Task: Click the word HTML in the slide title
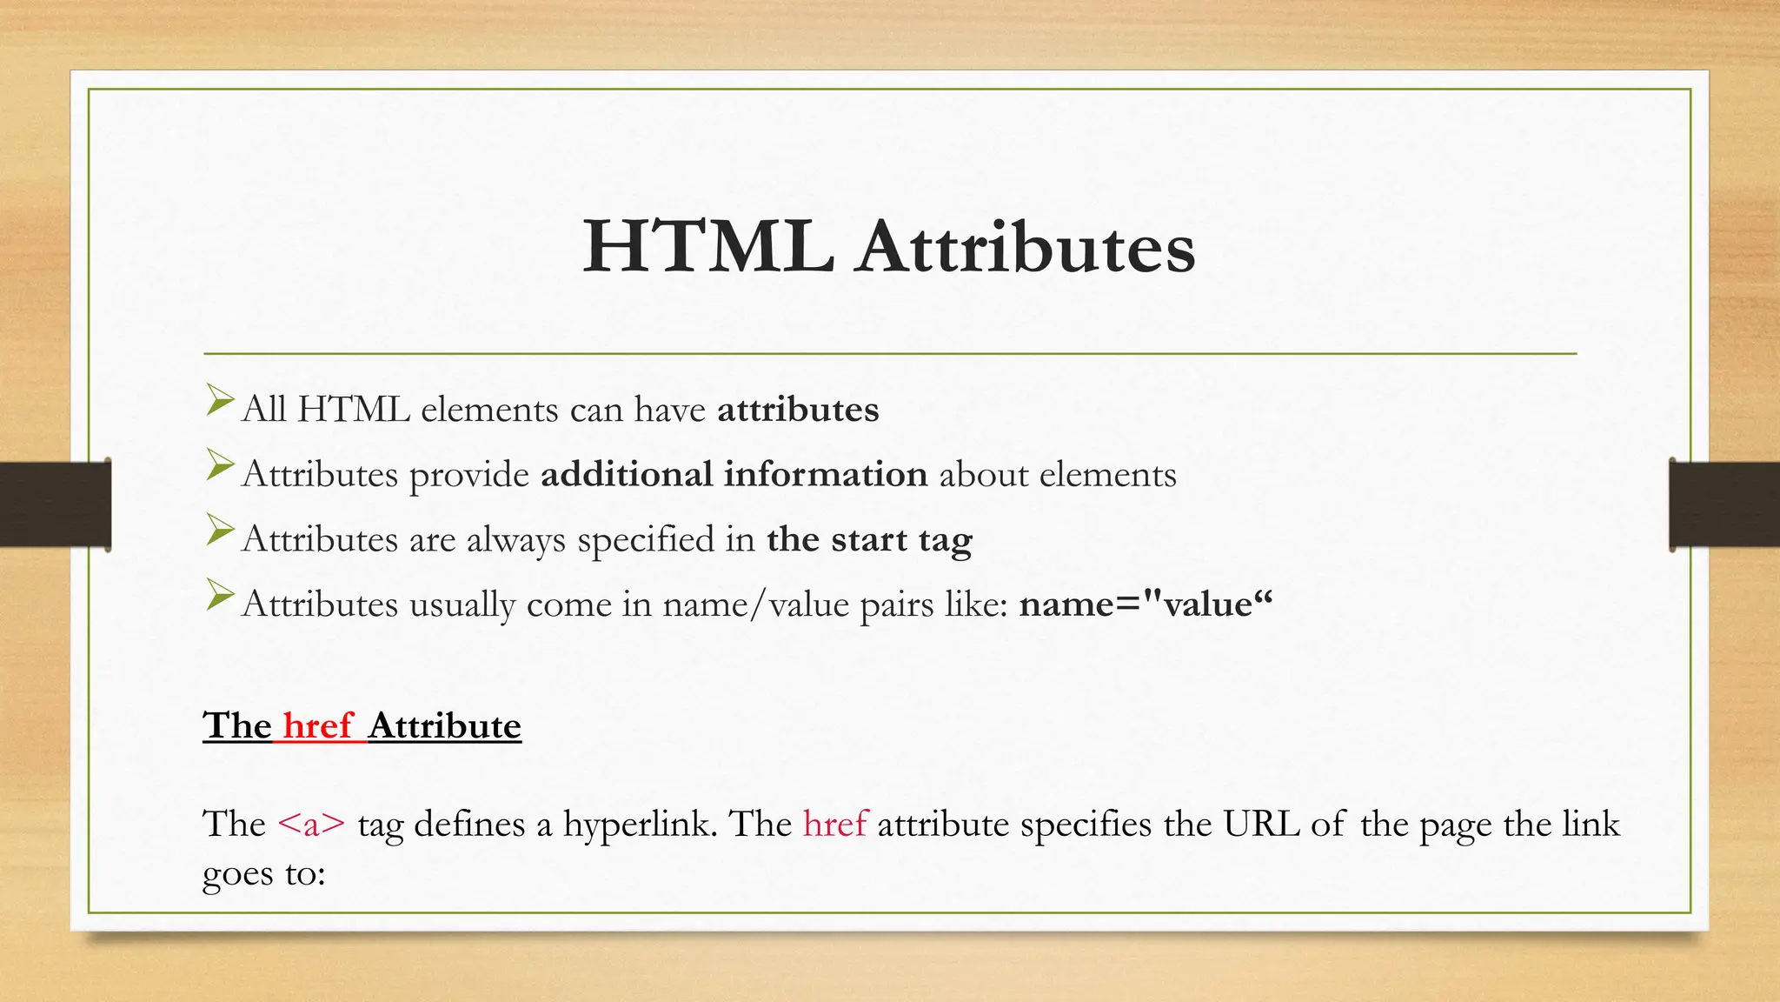coord(707,247)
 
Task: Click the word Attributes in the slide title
coord(1026,247)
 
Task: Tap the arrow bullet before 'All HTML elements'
coord(220,401)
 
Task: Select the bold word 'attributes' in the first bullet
coord(798,410)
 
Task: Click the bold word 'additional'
coord(627,475)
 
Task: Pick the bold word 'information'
coord(826,475)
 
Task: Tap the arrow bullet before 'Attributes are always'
coord(220,531)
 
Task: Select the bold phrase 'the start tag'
coord(869,540)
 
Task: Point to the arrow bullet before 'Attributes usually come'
coord(220,596)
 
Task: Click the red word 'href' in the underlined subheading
coord(317,725)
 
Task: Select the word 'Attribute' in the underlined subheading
coord(444,725)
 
